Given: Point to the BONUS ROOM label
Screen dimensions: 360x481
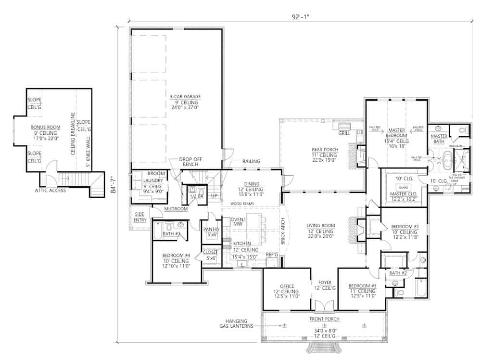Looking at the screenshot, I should tap(44, 127).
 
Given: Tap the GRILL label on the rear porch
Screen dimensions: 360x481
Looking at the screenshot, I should tap(344, 133).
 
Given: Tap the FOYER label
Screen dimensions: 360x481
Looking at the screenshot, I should tap(321, 283).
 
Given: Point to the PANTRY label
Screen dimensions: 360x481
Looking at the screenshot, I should tap(211, 230).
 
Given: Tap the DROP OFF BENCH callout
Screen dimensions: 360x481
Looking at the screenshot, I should tap(189, 162).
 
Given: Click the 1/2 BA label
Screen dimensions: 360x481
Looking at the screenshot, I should tap(194, 197).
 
